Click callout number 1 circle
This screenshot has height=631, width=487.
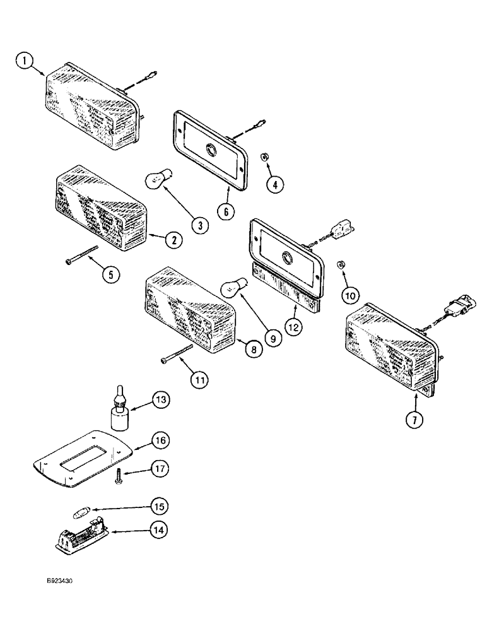25,62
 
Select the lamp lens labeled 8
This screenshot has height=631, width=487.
189,309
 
